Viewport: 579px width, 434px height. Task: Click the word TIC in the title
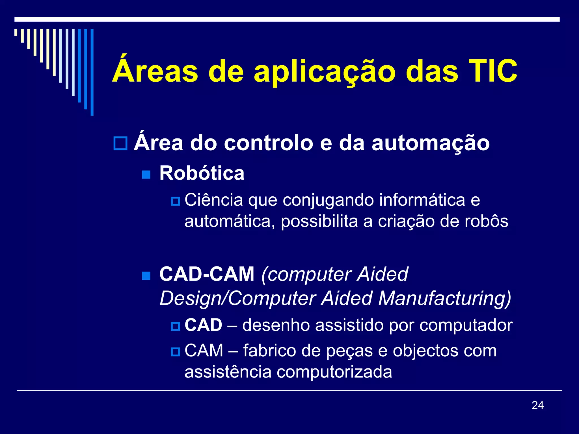tap(493, 71)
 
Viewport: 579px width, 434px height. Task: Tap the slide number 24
tap(537, 405)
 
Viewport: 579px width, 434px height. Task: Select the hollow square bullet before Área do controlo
tap(120, 143)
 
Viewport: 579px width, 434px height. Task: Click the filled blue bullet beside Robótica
tap(146, 174)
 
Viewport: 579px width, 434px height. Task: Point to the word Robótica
tap(202, 173)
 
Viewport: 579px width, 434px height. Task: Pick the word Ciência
tap(214, 200)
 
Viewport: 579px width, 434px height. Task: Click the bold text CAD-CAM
tap(207, 274)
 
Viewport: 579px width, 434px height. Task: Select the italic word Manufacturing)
tap(444, 298)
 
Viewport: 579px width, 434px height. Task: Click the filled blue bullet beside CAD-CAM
tap(146, 275)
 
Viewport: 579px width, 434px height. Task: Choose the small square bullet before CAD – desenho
tap(175, 326)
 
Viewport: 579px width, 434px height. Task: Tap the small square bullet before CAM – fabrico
tap(175, 352)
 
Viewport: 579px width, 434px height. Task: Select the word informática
tap(422, 200)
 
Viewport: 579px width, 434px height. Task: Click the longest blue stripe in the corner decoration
tap(92, 72)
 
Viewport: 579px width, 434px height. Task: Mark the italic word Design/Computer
tap(238, 298)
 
